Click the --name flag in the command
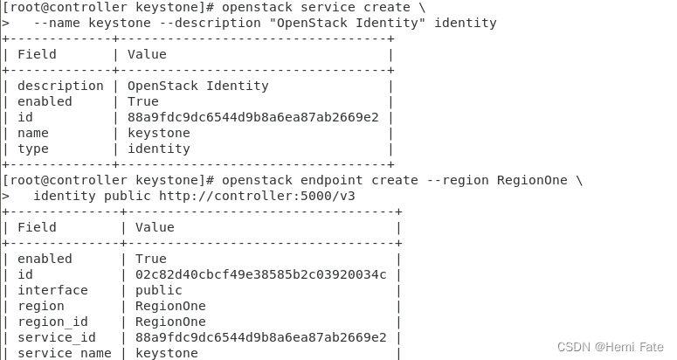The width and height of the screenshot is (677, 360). click(53, 23)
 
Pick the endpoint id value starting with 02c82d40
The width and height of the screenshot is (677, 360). click(260, 274)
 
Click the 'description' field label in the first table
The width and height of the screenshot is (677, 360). click(60, 86)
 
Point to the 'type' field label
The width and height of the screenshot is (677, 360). click(32, 149)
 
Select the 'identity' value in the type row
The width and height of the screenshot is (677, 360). click(158, 149)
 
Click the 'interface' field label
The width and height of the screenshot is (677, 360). click(52, 290)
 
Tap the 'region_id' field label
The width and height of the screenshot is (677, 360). click(52, 322)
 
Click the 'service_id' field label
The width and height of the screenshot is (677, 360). click(57, 337)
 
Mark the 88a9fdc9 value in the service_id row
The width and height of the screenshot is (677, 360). click(260, 337)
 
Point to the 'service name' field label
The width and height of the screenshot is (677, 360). click(64, 353)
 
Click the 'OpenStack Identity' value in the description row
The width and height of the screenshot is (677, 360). click(197, 86)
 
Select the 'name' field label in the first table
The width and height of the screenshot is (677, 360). click(32, 133)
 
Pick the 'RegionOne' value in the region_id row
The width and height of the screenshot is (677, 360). click(170, 322)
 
